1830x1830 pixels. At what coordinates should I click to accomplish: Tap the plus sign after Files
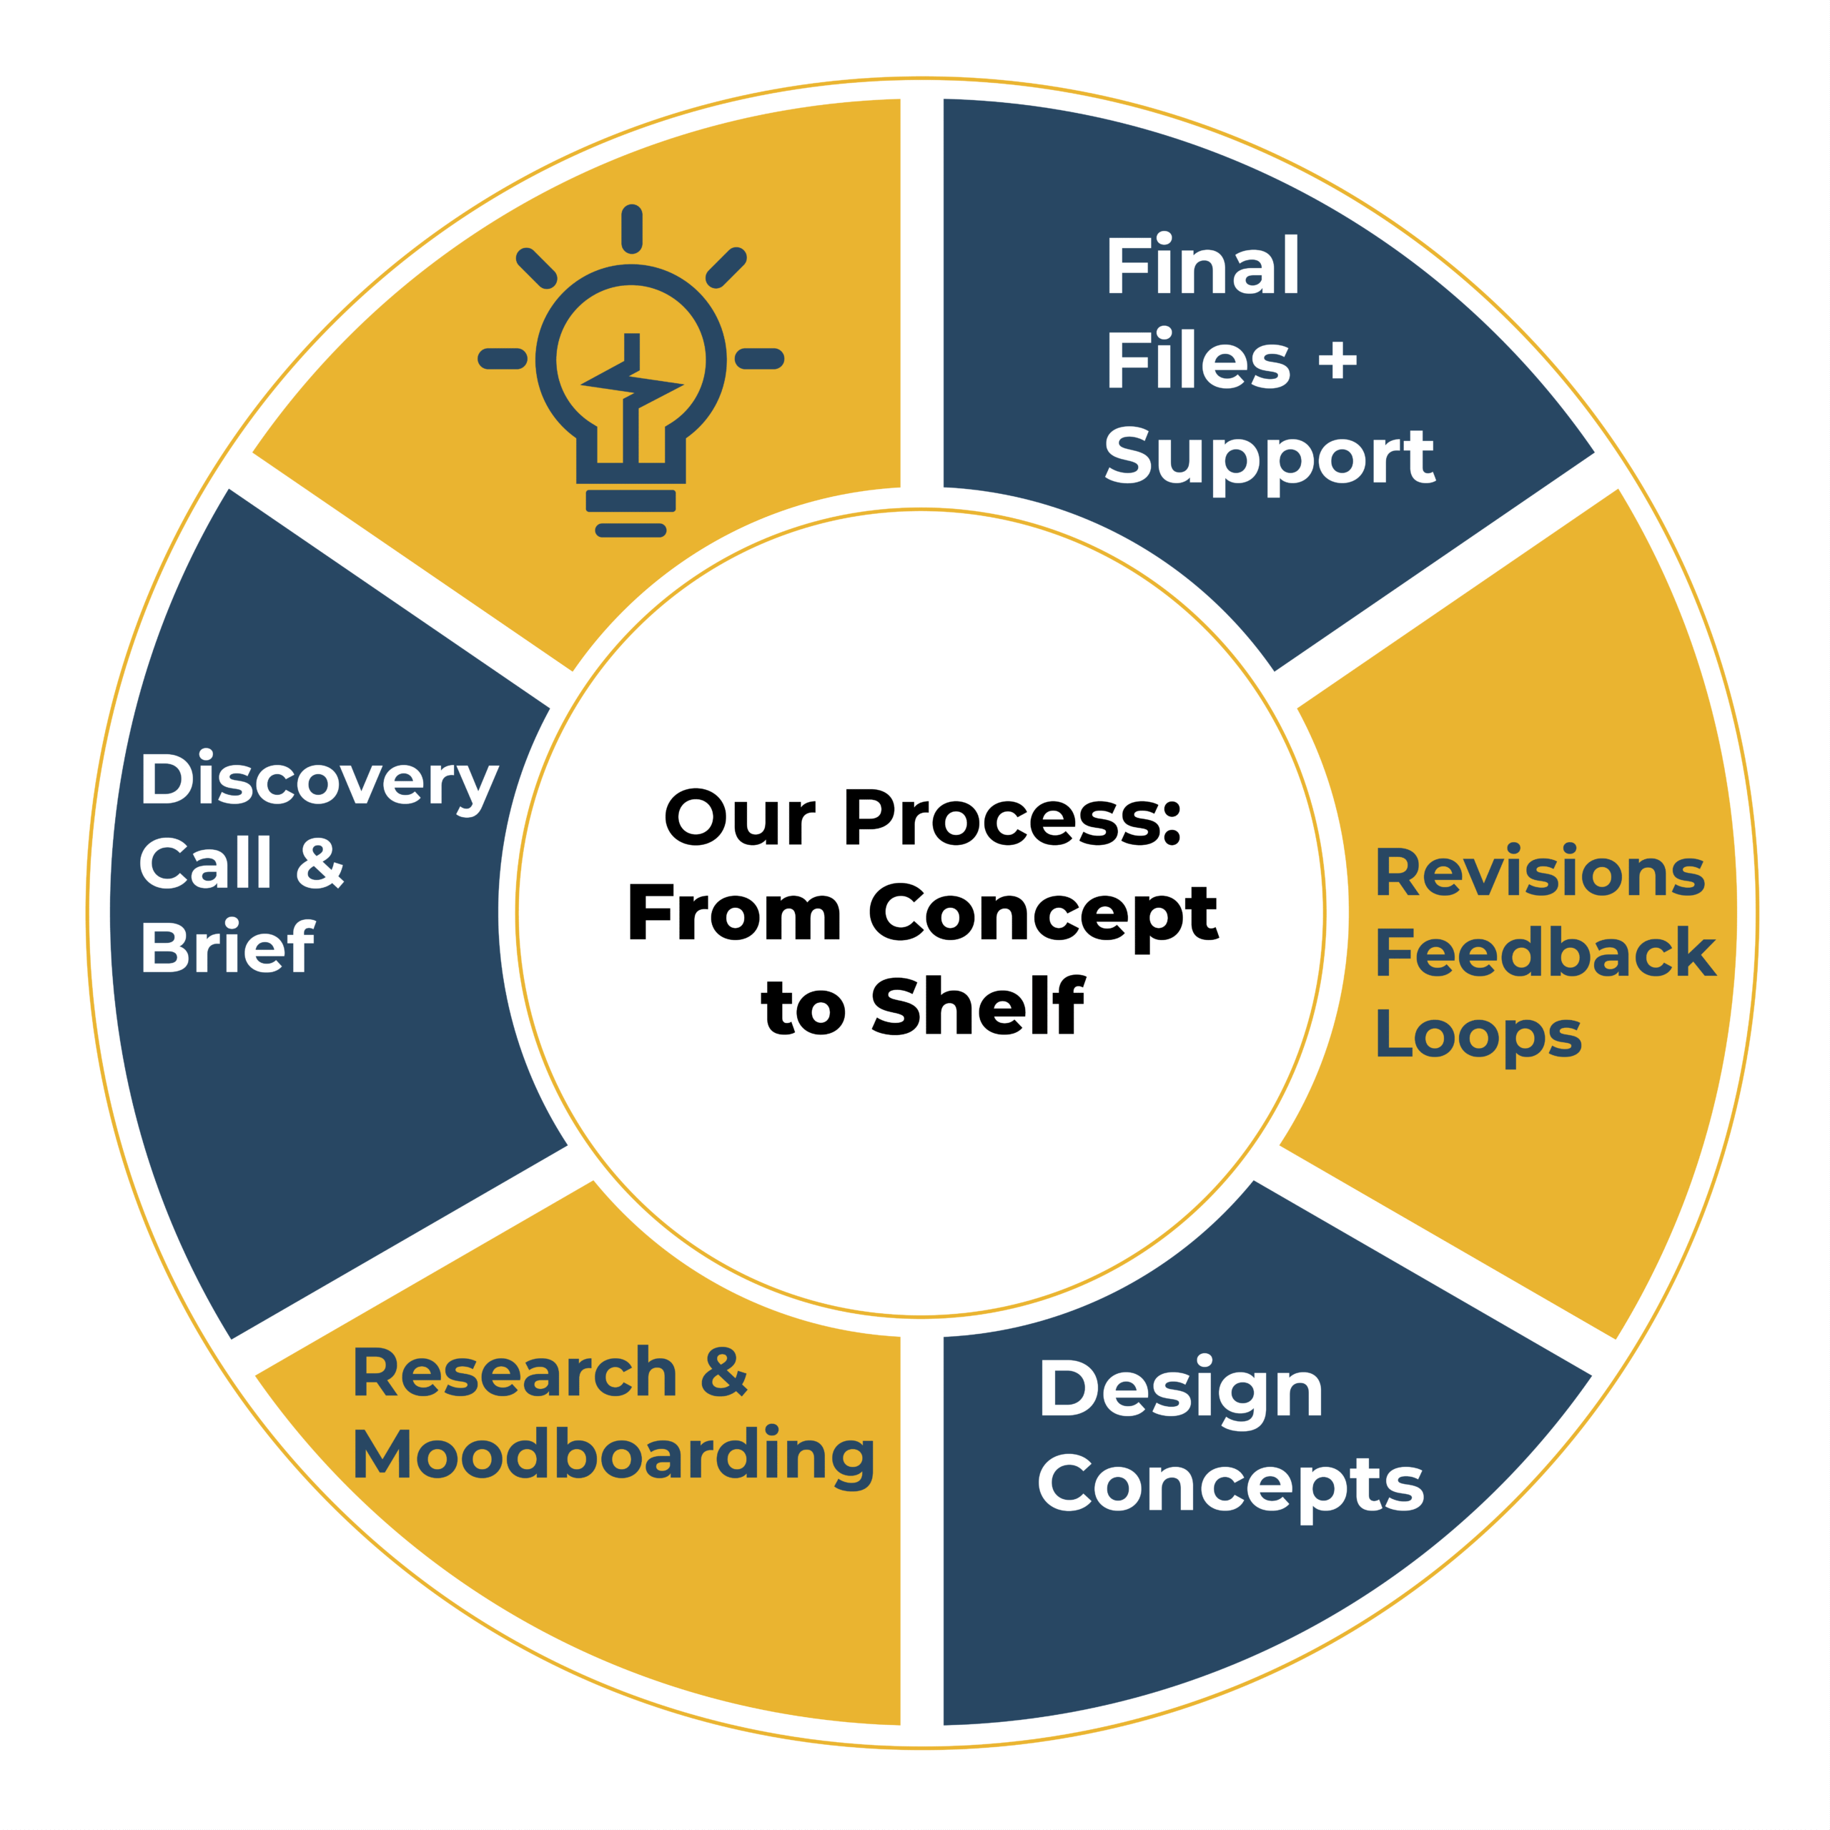(1337, 361)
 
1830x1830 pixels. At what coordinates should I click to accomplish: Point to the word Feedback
(1545, 952)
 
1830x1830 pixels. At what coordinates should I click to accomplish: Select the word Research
(515, 1372)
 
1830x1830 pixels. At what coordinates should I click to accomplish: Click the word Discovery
(320, 781)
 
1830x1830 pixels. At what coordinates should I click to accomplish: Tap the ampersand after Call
(320, 863)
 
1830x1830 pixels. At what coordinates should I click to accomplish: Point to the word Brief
(227, 946)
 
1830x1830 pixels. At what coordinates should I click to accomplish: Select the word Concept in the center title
(1044, 915)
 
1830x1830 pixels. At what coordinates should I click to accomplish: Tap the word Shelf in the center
(979, 1005)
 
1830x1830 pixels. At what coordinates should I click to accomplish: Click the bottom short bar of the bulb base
(630, 530)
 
